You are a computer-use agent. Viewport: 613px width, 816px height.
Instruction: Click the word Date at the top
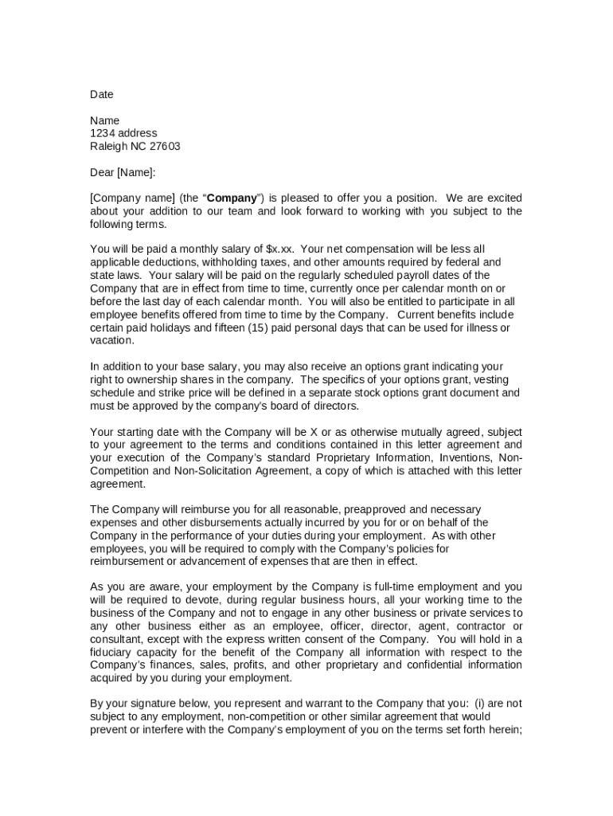pos(101,95)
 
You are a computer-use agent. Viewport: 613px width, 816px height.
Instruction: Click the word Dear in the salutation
pos(102,172)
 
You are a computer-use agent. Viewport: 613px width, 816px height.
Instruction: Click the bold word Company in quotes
pos(232,198)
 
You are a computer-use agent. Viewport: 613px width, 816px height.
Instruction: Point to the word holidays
pos(162,328)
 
